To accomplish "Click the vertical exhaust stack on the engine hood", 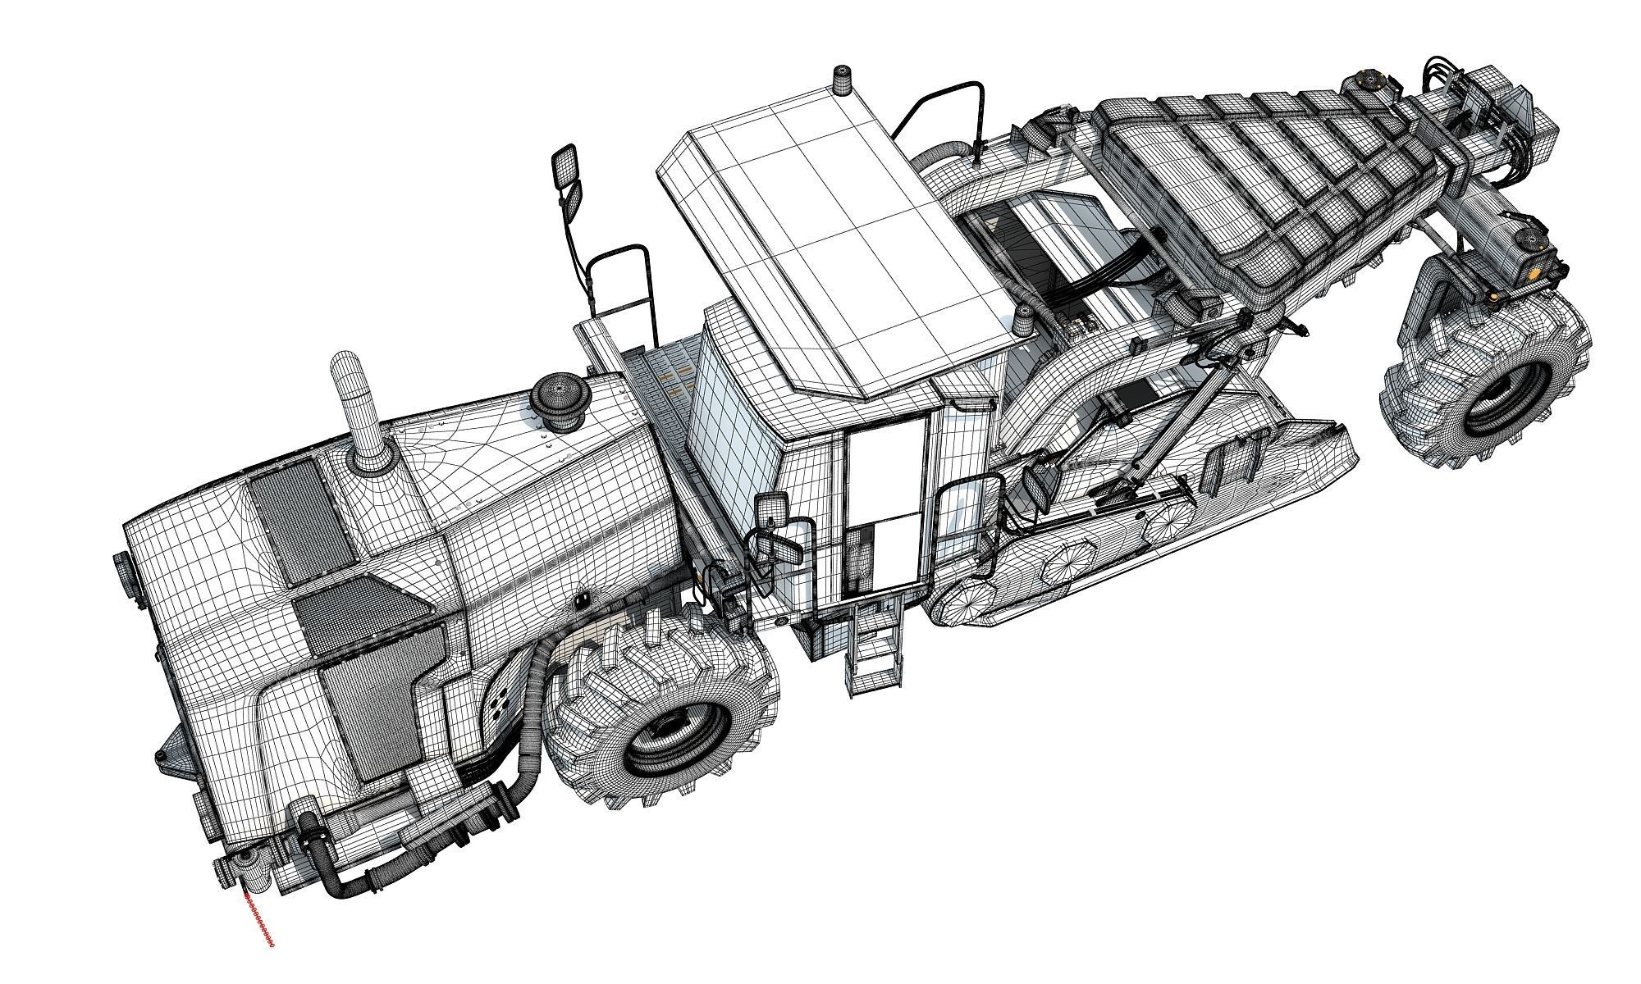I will tap(354, 410).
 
